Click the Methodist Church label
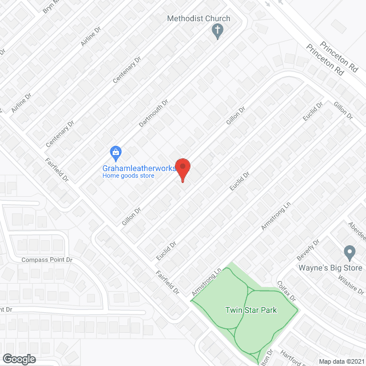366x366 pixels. point(198,18)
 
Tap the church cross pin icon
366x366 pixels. point(217,31)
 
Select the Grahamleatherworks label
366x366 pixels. point(139,168)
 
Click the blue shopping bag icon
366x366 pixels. point(116,153)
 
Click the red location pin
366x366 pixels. point(182,169)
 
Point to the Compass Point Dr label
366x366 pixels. point(47,260)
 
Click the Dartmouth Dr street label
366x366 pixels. point(154,113)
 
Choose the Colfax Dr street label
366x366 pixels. point(286,291)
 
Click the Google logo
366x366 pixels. point(19,359)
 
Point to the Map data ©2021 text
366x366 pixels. point(341,361)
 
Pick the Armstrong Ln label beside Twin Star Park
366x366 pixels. point(206,283)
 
